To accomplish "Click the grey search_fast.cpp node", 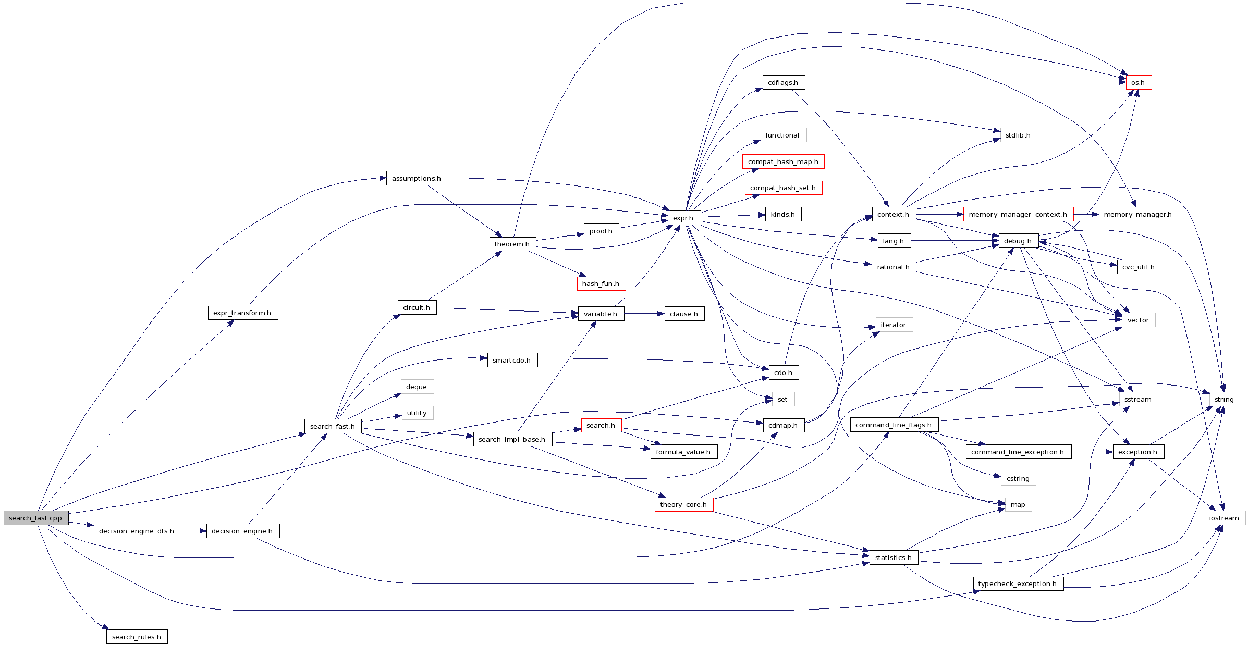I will (x=35, y=518).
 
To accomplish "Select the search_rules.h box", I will (x=137, y=637).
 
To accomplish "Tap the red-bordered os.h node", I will (x=1139, y=82).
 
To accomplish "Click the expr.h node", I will (x=683, y=218).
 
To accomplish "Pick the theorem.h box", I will (x=512, y=244).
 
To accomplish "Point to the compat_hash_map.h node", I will (x=783, y=161).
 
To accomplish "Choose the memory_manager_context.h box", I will (x=1018, y=214).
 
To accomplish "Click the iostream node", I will (x=1224, y=518).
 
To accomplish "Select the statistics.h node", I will (x=893, y=557).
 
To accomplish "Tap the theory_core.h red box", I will (x=683, y=504).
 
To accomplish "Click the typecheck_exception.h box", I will (x=1018, y=583).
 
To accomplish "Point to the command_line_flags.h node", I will (x=894, y=425).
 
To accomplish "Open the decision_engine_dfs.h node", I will (x=137, y=531).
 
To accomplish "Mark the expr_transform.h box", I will (x=242, y=313).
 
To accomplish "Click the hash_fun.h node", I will (x=601, y=283).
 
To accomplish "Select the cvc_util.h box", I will (x=1139, y=267).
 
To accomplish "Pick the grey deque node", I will (x=417, y=387).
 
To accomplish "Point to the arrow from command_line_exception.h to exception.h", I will (x=1092, y=452).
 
